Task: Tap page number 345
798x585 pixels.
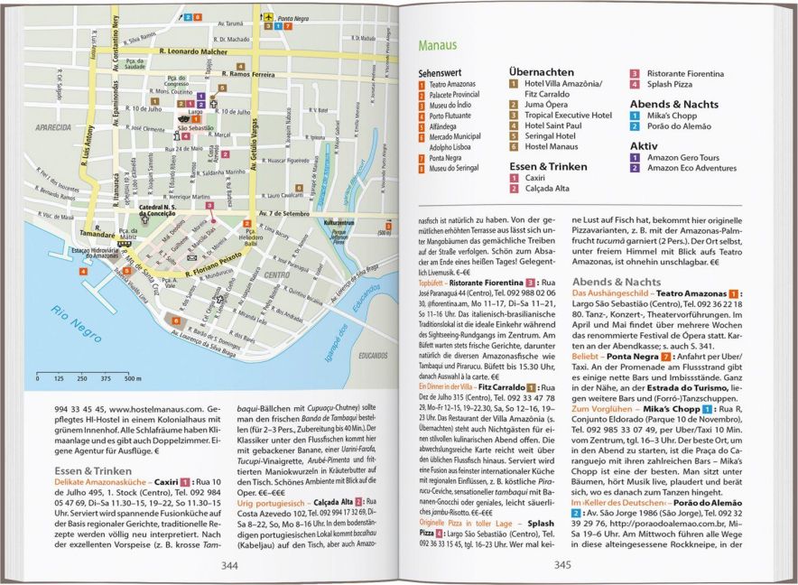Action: [562, 565]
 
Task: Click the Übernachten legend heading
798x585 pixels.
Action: [541, 71]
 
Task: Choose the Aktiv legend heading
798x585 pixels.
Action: [644, 144]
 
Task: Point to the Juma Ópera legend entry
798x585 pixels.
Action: [546, 105]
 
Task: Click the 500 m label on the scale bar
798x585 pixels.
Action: [134, 379]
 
